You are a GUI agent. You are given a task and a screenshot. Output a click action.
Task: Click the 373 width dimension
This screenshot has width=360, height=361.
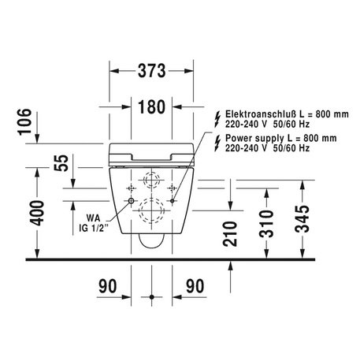tap(152, 71)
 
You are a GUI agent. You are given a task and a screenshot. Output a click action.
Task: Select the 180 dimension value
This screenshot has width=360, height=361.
tap(152, 107)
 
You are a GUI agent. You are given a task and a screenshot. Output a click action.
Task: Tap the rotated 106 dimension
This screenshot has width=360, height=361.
tap(24, 122)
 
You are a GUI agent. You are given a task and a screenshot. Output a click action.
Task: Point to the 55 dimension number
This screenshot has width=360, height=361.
tap(61, 163)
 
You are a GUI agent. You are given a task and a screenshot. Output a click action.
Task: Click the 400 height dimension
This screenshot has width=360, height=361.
tap(37, 213)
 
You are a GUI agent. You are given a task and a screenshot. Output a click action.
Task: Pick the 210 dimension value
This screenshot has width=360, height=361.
tap(230, 233)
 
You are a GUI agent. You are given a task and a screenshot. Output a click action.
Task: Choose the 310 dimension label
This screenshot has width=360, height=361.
tap(266, 224)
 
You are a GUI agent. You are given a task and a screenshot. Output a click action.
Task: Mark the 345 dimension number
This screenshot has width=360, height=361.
tap(302, 219)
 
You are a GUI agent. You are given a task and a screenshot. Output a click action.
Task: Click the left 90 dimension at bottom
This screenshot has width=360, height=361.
tap(108, 286)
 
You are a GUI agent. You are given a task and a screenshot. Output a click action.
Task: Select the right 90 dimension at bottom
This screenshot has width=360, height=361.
tap(195, 286)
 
